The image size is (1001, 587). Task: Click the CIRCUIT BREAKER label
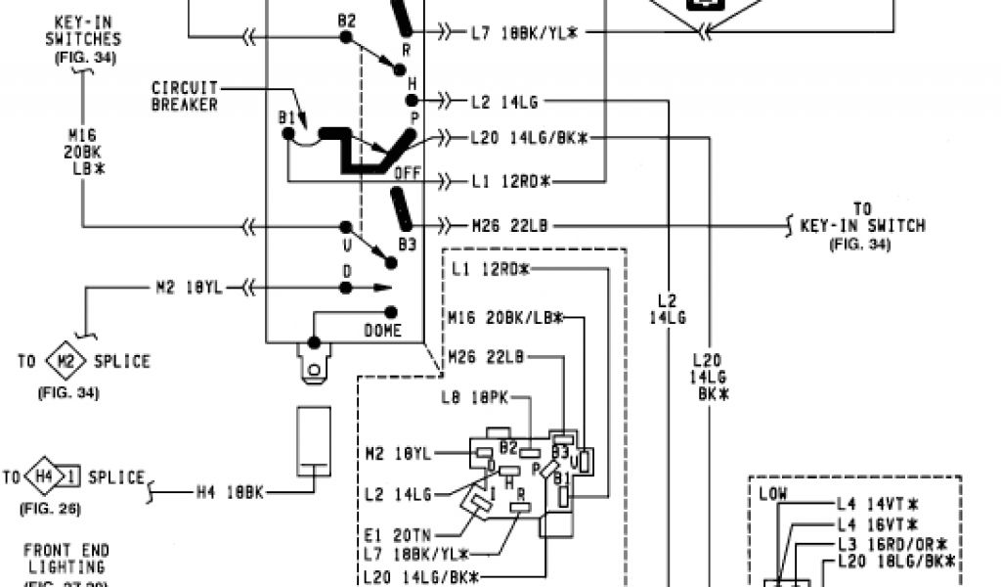[184, 96]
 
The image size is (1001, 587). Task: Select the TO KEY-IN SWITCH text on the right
[861, 226]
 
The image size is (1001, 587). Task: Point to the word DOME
[382, 331]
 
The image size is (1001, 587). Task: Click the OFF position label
[407, 173]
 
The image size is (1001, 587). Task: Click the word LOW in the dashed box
[773, 495]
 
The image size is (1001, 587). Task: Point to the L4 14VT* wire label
[877, 505]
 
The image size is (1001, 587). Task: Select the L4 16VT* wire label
[877, 524]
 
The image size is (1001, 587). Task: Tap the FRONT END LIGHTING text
[66, 558]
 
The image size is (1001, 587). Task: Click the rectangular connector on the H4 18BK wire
[314, 440]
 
